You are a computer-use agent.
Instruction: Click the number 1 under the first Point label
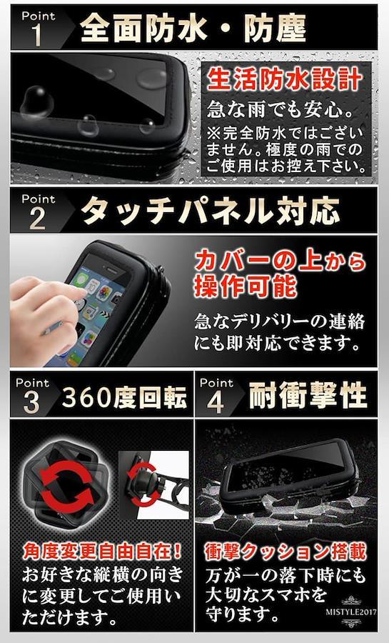37,35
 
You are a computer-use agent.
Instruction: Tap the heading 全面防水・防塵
193,29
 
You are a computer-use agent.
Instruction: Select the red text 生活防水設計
285,79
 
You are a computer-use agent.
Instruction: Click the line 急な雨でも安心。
280,109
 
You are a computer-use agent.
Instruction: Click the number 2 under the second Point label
37,219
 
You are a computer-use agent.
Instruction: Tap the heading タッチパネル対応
210,211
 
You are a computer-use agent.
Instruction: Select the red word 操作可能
246,286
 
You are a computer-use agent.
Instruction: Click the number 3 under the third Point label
31,402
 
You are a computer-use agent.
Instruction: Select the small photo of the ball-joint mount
153,485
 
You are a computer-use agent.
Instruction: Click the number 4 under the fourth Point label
216,402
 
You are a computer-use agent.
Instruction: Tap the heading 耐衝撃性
308,395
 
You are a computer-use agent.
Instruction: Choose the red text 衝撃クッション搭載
286,552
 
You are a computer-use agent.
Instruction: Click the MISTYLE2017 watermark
351,612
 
